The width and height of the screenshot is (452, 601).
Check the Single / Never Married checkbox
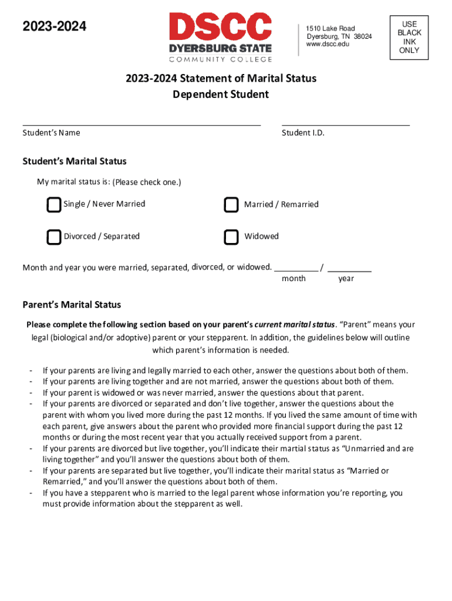point(53,205)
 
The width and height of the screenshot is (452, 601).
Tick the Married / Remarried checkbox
point(231,205)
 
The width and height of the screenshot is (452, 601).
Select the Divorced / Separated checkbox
point(53,237)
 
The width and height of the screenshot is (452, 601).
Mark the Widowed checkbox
point(231,237)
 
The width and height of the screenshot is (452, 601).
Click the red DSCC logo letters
point(221,27)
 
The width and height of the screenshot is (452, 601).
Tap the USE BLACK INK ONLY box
point(409,37)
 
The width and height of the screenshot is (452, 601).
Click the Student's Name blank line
point(141,124)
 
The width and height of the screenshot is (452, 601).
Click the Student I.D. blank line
point(345,124)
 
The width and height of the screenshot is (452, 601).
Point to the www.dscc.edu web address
point(328,45)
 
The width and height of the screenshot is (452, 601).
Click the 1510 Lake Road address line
point(330,28)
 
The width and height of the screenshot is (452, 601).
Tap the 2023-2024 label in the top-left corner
point(54,26)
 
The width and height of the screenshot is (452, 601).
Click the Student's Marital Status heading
point(75,161)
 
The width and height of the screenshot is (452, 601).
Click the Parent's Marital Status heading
point(72,305)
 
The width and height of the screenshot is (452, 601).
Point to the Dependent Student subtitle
point(221,94)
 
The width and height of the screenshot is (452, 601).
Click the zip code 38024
point(362,36)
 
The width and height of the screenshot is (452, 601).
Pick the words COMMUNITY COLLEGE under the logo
point(221,59)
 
